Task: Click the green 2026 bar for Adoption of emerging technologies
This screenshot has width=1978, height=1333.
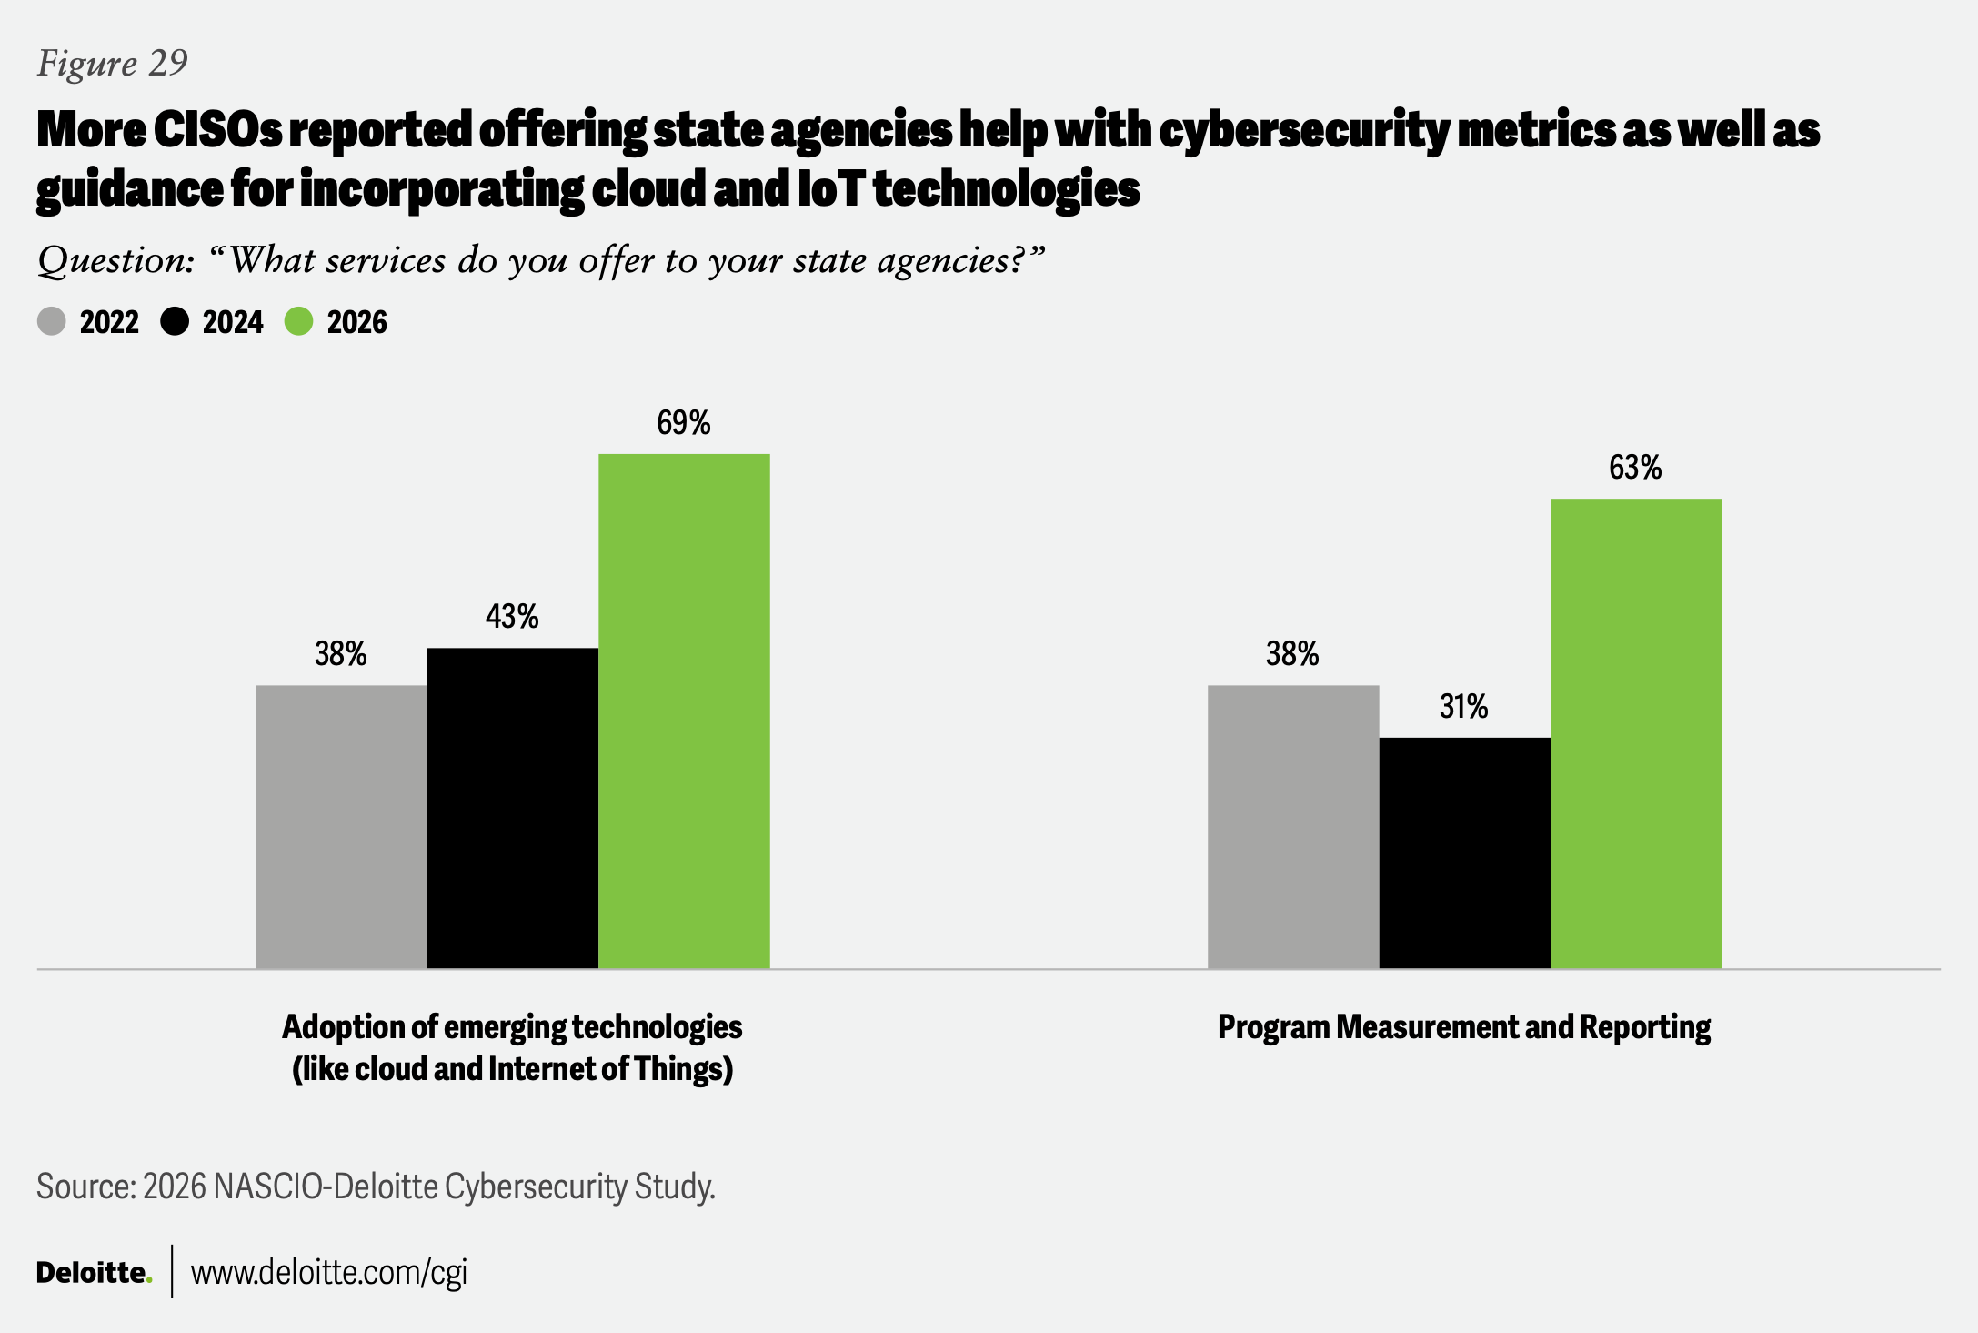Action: pyautogui.click(x=684, y=711)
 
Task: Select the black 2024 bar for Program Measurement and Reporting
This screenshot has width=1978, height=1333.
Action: pyautogui.click(x=1464, y=853)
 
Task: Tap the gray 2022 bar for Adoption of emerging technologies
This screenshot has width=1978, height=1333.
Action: pyautogui.click(x=341, y=826)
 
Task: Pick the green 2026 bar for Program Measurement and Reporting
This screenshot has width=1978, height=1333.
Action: pyautogui.click(x=1635, y=732)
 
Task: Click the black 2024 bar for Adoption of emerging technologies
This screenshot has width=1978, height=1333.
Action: pyautogui.click(x=513, y=808)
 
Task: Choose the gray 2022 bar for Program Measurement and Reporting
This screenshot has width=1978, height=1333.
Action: pyautogui.click(x=1292, y=826)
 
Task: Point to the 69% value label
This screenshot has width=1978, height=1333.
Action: pyautogui.click(x=684, y=423)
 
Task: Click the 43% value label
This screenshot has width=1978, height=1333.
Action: pyautogui.click(x=512, y=617)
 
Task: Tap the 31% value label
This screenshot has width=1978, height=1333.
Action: pyautogui.click(x=1463, y=707)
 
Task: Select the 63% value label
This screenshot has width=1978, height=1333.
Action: pyautogui.click(x=1635, y=468)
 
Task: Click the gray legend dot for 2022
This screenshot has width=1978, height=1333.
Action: pyautogui.click(x=52, y=321)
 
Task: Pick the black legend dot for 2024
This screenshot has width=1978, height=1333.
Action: pyautogui.click(x=175, y=321)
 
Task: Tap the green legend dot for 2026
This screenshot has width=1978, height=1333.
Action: pyautogui.click(x=299, y=321)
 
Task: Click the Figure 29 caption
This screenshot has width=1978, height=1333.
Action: pyautogui.click(x=113, y=63)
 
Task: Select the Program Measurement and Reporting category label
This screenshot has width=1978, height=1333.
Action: pyautogui.click(x=1464, y=1027)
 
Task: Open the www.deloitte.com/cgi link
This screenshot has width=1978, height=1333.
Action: pyautogui.click(x=328, y=1272)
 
